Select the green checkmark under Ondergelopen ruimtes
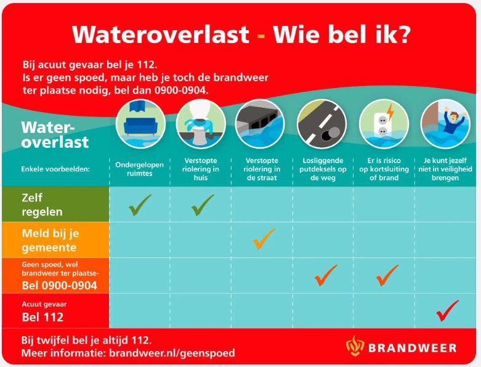[x=140, y=205]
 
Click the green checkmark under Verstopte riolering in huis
[x=202, y=205]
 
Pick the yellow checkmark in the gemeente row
[x=264, y=238]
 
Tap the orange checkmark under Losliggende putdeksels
[x=325, y=275]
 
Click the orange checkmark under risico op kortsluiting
[x=386, y=275]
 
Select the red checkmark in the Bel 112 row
[x=447, y=310]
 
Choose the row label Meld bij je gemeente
[x=51, y=240]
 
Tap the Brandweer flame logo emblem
[x=355, y=347]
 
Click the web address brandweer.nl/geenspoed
[x=172, y=353]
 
